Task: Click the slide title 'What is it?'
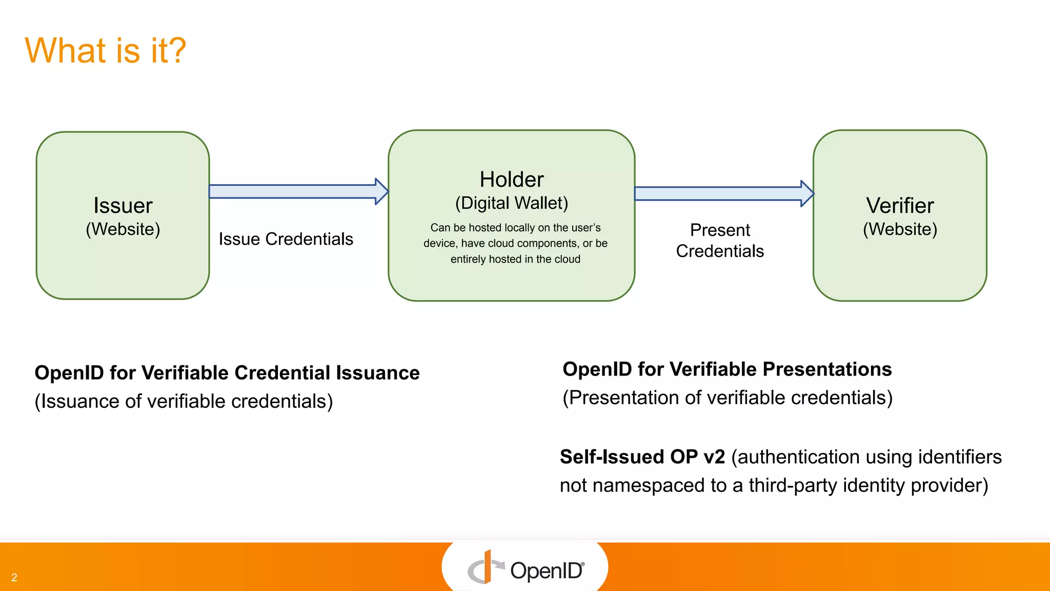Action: coord(105,50)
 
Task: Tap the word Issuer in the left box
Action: coord(123,205)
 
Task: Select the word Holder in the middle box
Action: coord(511,180)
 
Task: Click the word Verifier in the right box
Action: coord(899,205)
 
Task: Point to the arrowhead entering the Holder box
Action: coord(381,191)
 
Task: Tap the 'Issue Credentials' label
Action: coord(286,239)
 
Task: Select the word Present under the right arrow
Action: coord(719,230)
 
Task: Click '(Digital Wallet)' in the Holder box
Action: coord(511,203)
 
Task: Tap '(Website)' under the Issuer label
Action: coord(123,229)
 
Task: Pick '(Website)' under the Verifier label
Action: coord(899,229)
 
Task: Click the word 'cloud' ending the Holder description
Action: coord(568,259)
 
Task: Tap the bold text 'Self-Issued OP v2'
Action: coord(642,457)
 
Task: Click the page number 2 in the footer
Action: coord(14,578)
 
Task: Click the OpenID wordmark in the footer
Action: coord(547,570)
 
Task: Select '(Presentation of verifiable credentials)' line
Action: coord(727,398)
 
